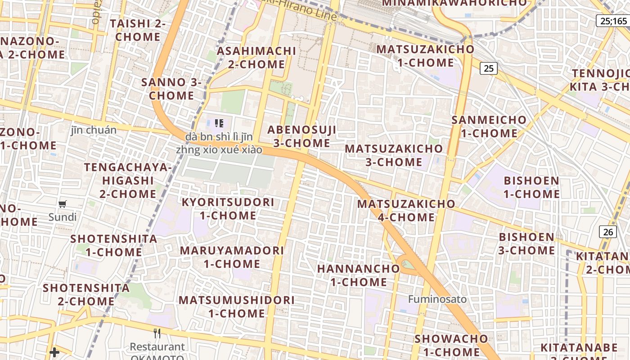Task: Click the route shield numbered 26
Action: (x=608, y=232)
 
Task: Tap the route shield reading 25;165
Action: (x=613, y=21)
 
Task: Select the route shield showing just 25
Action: (x=489, y=68)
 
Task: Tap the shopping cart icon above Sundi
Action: (x=63, y=204)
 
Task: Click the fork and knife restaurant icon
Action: (x=157, y=333)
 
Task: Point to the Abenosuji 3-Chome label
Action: (x=302, y=136)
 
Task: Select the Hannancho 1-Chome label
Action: (x=359, y=275)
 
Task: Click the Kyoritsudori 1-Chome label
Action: (x=228, y=209)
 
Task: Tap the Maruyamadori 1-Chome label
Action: (x=232, y=257)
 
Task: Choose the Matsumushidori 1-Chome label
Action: (x=237, y=306)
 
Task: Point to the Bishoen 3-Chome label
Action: (x=526, y=243)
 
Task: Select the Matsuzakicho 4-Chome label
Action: (x=406, y=211)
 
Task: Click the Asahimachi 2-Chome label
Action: (x=256, y=58)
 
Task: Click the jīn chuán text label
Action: (x=94, y=130)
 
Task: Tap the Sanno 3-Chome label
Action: (x=171, y=89)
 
